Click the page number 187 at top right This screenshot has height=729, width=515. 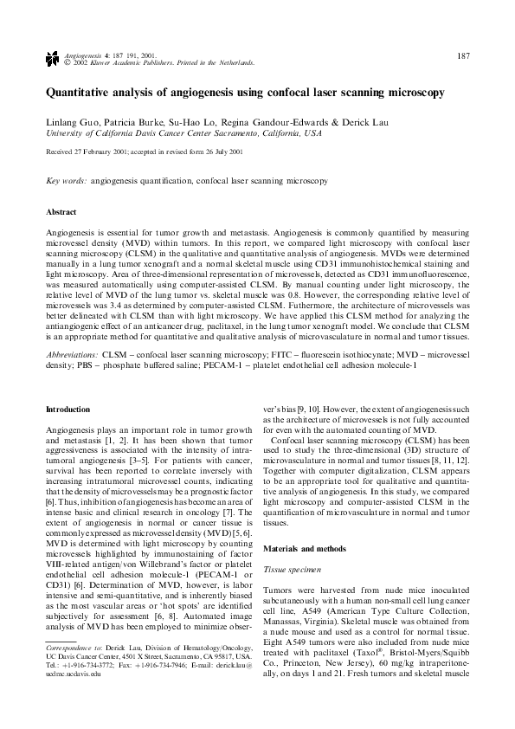(463, 56)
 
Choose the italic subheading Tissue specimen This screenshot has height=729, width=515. (291, 568)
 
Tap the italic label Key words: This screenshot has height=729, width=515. (66, 183)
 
